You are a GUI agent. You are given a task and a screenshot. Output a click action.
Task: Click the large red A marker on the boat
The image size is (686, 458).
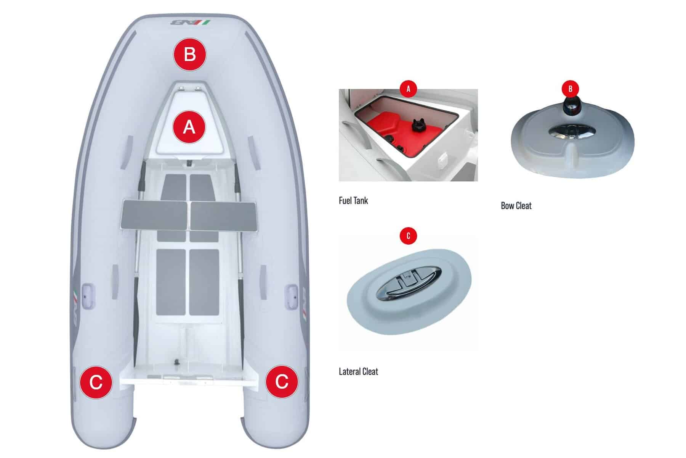click(189, 127)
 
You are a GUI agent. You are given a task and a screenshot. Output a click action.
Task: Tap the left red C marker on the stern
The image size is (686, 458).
click(96, 382)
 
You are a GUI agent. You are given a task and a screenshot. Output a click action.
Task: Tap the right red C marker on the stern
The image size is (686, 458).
click(282, 382)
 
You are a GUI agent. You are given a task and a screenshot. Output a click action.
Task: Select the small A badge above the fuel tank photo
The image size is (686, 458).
click(408, 89)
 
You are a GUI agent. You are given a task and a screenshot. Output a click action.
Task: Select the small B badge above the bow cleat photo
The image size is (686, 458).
click(570, 89)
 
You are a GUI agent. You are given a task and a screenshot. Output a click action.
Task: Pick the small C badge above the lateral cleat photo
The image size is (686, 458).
click(408, 236)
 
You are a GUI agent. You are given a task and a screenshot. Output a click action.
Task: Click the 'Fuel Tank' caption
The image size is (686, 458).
click(353, 200)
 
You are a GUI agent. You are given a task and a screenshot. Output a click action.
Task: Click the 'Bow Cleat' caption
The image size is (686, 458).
click(516, 206)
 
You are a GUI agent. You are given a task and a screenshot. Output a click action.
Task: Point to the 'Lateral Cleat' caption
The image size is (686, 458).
click(358, 371)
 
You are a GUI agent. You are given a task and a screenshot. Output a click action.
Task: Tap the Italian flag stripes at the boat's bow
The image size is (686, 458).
click(205, 23)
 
